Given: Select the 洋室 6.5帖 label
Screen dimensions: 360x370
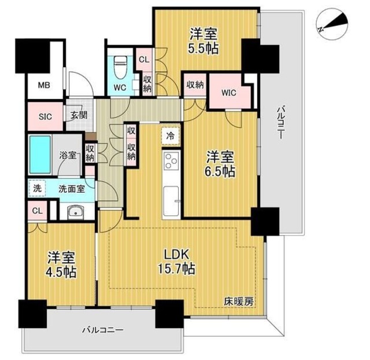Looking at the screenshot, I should [221, 163].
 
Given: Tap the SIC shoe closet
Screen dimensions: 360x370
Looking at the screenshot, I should [45, 116].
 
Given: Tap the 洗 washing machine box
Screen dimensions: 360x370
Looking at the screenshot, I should [36, 188].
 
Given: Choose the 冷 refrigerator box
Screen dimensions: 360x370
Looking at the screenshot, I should [171, 137].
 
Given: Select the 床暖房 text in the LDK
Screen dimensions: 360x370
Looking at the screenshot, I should [239, 302].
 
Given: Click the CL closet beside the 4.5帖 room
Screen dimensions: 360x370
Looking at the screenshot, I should [36, 211].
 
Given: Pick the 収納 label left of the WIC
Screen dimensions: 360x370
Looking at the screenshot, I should [194, 85].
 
